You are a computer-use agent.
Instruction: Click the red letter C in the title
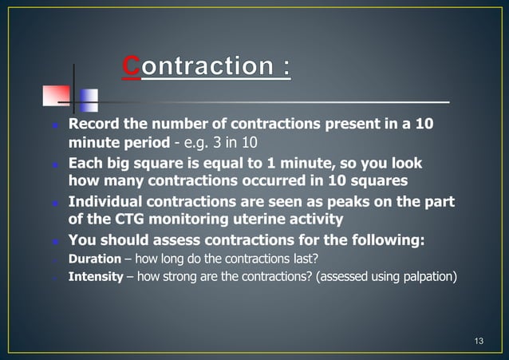click(x=131, y=66)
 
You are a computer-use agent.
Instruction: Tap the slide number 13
click(x=479, y=342)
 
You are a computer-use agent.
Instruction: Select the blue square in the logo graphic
click(x=89, y=100)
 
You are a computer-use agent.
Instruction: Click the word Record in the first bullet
click(x=93, y=125)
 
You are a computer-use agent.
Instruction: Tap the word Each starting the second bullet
click(x=86, y=163)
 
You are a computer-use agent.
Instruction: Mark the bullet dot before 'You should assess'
click(x=55, y=241)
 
